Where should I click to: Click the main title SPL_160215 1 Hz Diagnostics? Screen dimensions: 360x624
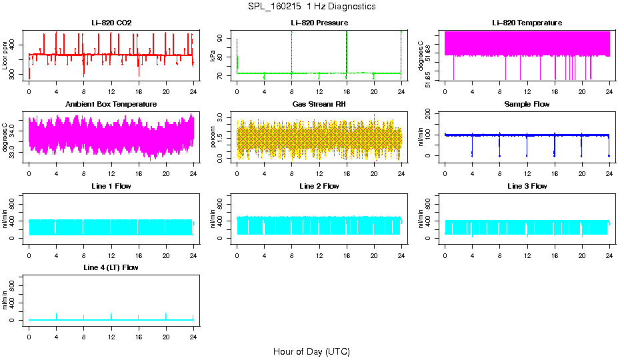(311, 6)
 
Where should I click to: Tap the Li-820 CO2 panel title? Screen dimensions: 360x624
(111, 23)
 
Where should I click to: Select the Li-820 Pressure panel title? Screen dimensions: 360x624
(319, 23)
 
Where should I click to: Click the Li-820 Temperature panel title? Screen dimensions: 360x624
(527, 23)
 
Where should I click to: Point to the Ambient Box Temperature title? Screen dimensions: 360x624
(111, 105)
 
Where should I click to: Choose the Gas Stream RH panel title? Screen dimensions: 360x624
(319, 105)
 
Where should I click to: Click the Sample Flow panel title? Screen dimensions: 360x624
(527, 105)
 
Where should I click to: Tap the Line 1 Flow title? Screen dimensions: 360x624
(111, 186)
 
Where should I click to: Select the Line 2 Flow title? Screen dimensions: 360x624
(319, 186)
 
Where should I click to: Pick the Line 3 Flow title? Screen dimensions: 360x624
(527, 186)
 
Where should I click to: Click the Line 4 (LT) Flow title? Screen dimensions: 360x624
(111, 267)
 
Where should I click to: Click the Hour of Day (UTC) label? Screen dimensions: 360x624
(311, 351)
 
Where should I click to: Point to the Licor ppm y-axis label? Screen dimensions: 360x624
(5, 55)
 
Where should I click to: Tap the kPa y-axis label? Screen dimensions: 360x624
(213, 55)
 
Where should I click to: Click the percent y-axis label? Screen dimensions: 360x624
(213, 137)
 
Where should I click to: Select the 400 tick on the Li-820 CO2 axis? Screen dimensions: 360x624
(16, 45)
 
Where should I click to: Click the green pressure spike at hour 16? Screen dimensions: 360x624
(347, 53)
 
